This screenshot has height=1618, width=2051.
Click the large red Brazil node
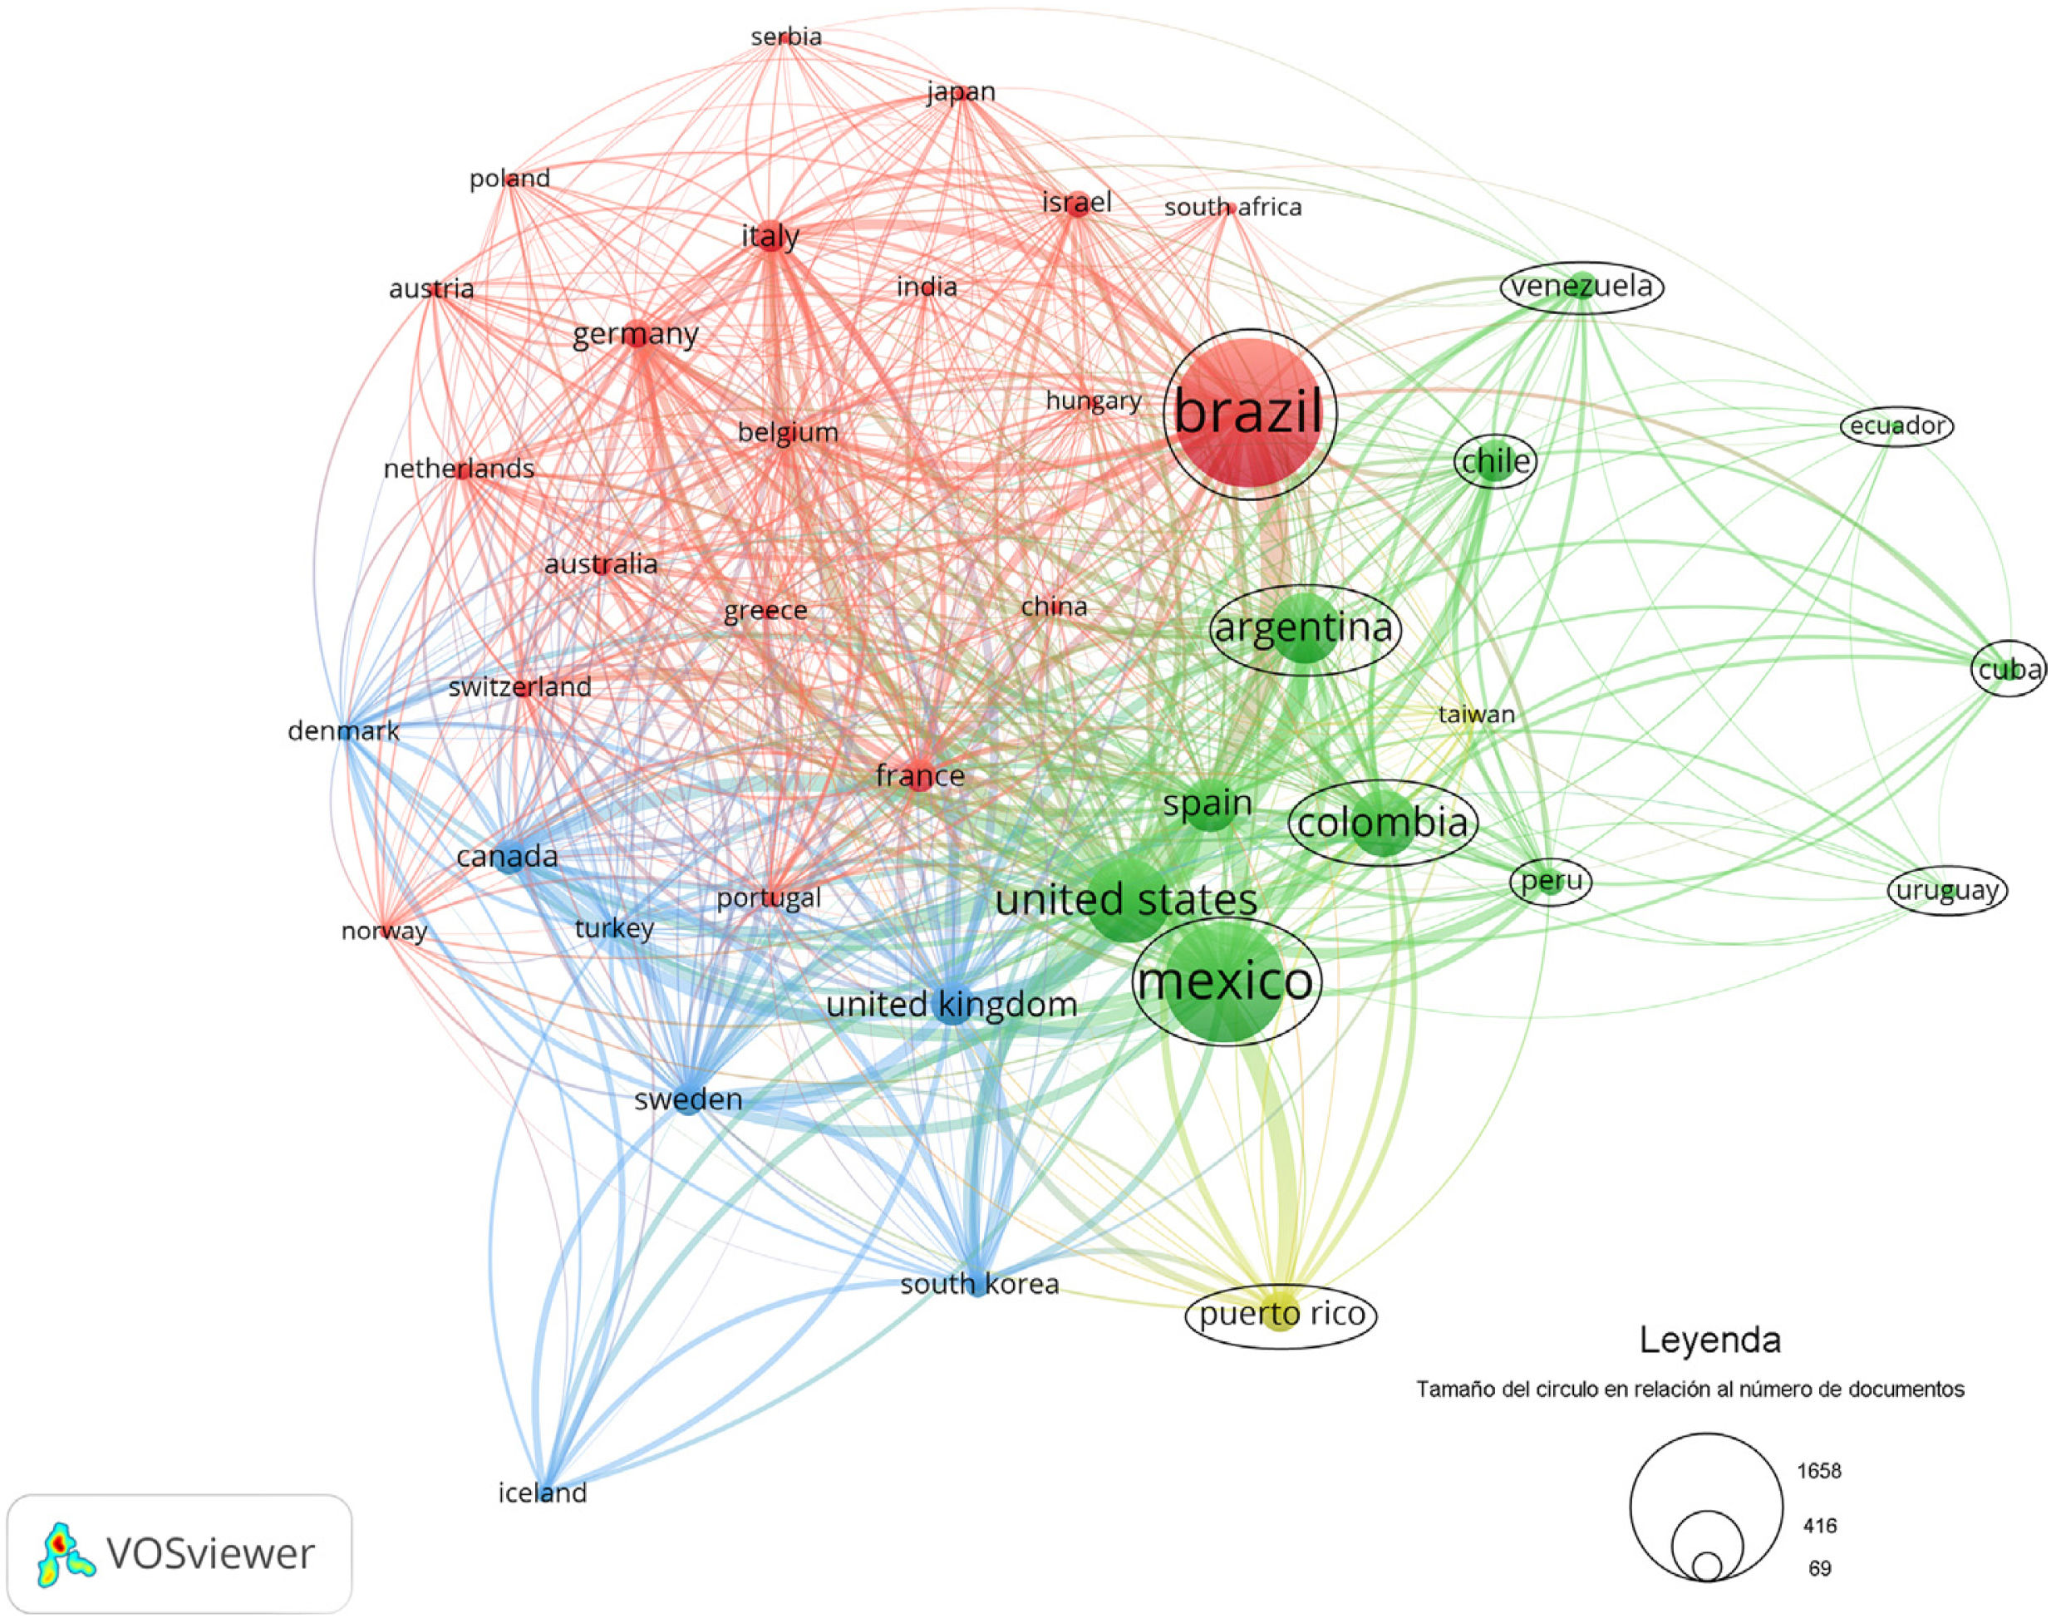[1248, 415]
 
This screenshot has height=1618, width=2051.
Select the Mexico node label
[1226, 981]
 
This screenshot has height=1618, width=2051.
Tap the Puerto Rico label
[1281, 1315]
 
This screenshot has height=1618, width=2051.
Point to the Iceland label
[543, 1493]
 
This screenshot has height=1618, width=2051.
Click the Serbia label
[785, 37]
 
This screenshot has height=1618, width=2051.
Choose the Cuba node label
[2009, 670]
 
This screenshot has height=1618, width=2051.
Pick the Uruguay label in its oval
[1948, 891]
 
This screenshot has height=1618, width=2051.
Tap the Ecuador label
[1896, 426]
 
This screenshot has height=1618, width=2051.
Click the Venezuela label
[1581, 286]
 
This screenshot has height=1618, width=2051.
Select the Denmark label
[343, 731]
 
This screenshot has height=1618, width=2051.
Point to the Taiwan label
[1476, 715]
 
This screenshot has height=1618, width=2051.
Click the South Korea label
[980, 1285]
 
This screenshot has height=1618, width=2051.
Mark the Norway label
[384, 932]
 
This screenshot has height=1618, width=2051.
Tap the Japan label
[961, 92]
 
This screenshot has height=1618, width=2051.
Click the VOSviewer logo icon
[65, 1555]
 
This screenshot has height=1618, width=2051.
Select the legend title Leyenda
[1710, 1340]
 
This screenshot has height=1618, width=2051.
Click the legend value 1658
[1819, 1471]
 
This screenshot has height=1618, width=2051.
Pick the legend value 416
[1820, 1526]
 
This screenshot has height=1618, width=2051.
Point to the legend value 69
[1820, 1569]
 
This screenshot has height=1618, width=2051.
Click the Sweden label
[688, 1099]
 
